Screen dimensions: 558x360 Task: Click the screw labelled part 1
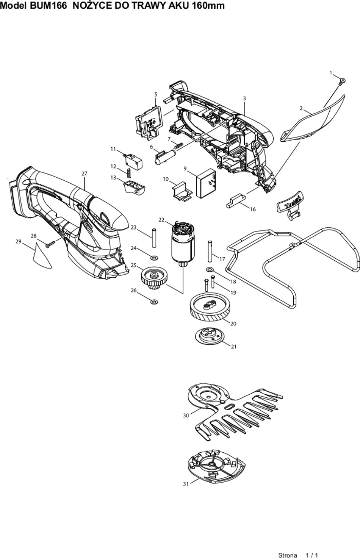pos(343,80)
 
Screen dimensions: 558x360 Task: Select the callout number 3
pos(244,98)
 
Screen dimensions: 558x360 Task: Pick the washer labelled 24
pos(154,258)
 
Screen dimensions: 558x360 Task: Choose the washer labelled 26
pos(154,302)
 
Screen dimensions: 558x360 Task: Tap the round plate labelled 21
pos(208,335)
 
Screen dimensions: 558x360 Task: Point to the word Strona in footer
pos(288,555)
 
